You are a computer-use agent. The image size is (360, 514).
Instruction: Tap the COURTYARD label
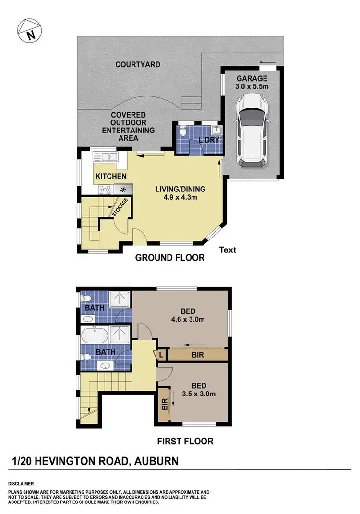(x=137, y=64)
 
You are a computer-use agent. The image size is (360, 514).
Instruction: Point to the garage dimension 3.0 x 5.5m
(x=252, y=87)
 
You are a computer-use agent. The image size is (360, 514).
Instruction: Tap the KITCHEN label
(x=111, y=177)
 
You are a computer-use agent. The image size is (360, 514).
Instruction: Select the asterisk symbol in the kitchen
(x=123, y=190)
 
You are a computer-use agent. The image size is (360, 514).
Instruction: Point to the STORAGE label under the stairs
(x=120, y=207)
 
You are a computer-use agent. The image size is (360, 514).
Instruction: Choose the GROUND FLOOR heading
(x=169, y=258)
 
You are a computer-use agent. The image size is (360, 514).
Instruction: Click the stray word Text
(x=228, y=250)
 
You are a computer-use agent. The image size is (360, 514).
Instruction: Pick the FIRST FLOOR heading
(x=185, y=441)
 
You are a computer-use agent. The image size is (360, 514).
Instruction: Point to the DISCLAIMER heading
(x=21, y=484)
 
